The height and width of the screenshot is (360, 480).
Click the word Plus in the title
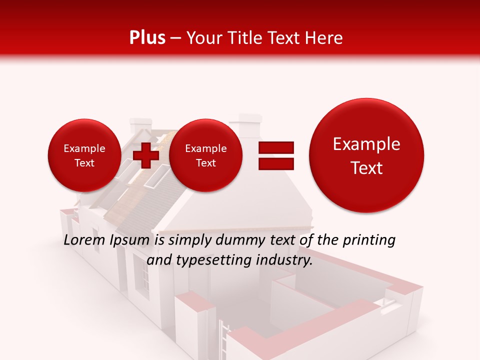147,38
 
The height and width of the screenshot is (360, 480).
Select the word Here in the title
324,38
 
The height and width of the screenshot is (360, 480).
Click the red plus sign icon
145,155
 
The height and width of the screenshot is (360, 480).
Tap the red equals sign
275,155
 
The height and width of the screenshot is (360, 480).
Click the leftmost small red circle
84,155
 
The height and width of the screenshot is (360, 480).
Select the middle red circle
205,155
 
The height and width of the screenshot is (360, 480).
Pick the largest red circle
366,155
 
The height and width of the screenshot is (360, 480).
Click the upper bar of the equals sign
275,147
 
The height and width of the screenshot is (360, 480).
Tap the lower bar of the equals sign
275,163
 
